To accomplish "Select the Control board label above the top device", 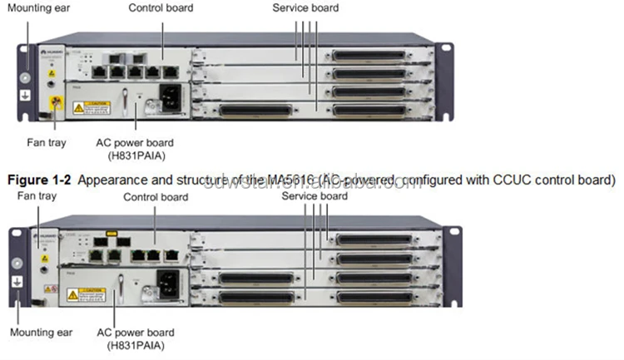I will coord(161,7).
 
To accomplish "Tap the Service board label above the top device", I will coord(305,7).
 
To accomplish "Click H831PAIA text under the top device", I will coord(141,154).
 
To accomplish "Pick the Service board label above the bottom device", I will coord(314,196).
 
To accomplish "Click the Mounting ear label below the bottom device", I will coord(41,332).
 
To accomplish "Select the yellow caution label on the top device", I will coord(90,107).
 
